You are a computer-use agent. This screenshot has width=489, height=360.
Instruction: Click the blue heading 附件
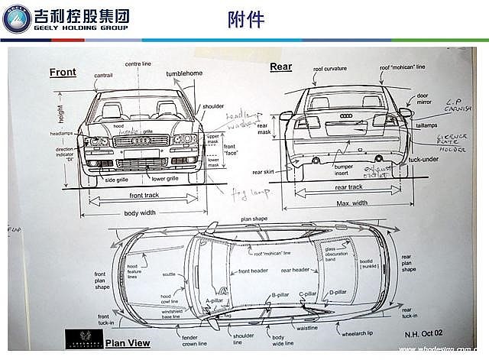[x=246, y=19]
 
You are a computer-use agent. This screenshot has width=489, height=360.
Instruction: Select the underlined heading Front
[x=63, y=73]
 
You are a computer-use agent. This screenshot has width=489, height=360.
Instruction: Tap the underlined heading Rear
[x=280, y=67]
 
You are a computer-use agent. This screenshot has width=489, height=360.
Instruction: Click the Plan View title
[x=128, y=343]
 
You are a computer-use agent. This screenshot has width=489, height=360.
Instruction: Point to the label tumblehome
[x=184, y=73]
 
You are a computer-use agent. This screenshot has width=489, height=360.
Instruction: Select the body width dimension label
[x=141, y=212]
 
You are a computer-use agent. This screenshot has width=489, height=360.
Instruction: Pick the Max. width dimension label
[x=351, y=203]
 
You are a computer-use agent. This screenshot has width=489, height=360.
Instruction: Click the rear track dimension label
[x=349, y=186]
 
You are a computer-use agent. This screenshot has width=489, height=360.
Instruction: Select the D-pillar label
[x=338, y=292]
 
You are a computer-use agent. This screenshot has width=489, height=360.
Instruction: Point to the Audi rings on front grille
[x=140, y=141]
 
